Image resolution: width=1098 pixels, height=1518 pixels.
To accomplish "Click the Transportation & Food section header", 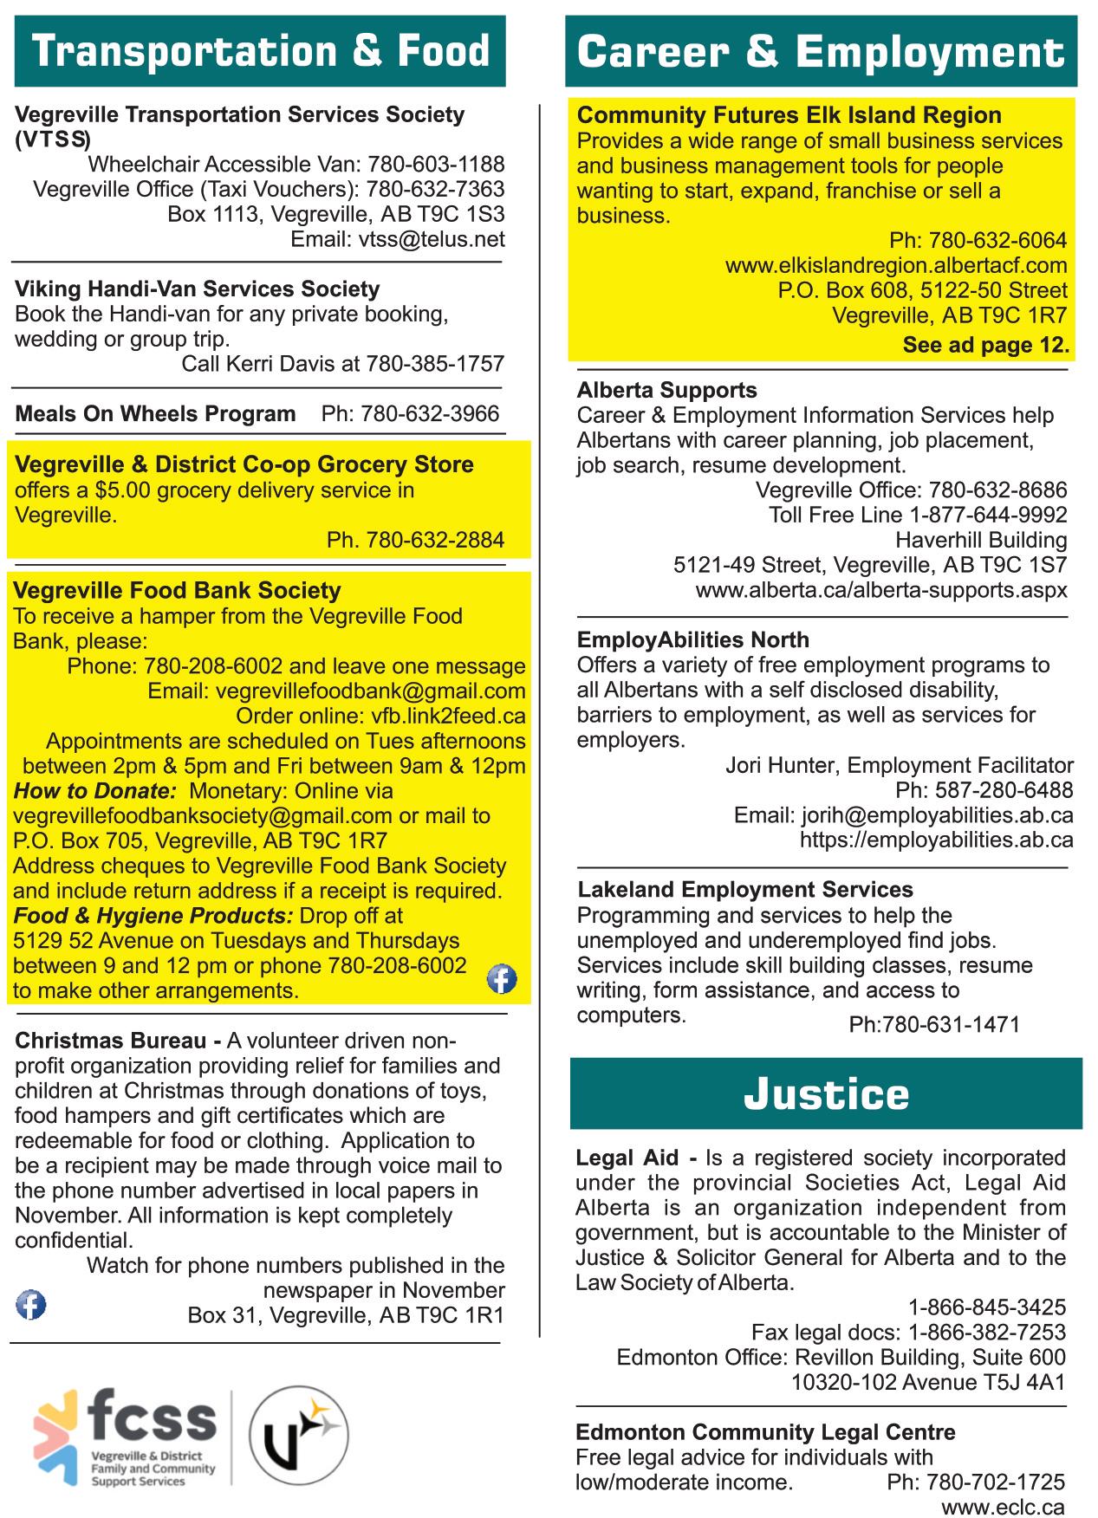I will [259, 51].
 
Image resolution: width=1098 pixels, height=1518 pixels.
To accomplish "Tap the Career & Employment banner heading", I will [821, 52].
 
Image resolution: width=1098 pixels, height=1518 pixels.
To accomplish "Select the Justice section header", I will [826, 1093].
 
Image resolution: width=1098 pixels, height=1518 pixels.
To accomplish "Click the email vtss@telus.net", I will [432, 239].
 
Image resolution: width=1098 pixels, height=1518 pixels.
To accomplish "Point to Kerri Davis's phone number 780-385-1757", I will [434, 364].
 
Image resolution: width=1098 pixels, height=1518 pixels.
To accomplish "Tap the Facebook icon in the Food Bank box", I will [502, 979].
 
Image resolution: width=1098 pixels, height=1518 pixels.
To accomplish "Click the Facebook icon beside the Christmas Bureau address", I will [31, 1304].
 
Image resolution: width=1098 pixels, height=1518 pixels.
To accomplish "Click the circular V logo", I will [299, 1437].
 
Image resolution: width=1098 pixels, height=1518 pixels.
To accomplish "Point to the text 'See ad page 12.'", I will [985, 345].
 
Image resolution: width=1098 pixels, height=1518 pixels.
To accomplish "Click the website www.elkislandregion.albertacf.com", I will [896, 265].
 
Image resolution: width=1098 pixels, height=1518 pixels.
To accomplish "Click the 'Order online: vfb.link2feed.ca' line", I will [380, 717].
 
